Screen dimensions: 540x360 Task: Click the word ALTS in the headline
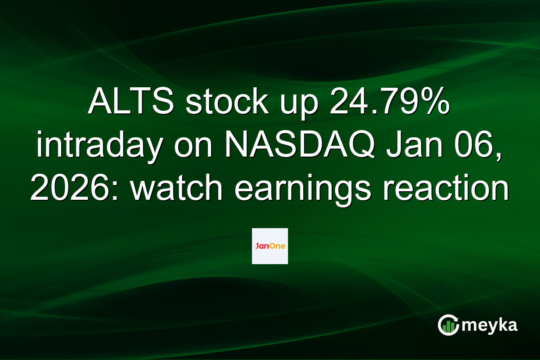coord(131,101)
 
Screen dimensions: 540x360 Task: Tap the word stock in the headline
coord(227,101)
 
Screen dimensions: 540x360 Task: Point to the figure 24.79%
coord(389,101)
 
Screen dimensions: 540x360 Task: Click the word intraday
coord(99,145)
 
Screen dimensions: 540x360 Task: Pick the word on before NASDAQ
coord(193,148)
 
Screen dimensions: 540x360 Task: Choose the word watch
coord(176,187)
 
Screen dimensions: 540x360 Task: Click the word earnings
coord(302,190)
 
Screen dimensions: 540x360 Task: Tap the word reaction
coord(446,187)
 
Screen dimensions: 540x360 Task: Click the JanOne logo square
coord(270,246)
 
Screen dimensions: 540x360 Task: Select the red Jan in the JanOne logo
coord(262,246)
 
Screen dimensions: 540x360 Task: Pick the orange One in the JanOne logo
coord(278,246)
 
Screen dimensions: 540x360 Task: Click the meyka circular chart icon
coord(448,325)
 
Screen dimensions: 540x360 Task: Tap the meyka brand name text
coord(490,326)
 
